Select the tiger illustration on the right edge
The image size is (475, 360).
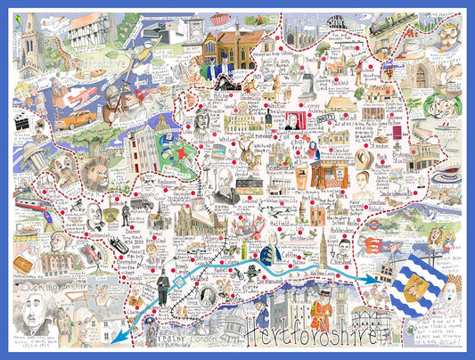pyautogui.click(x=444, y=239)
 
